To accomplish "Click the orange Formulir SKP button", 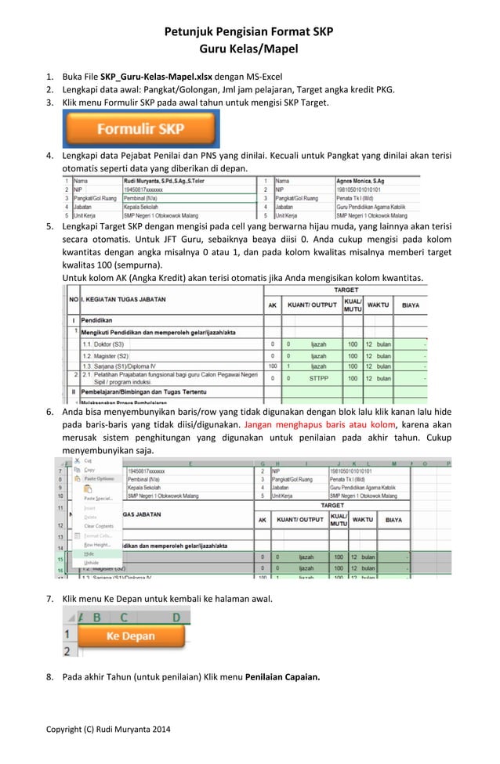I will tap(140, 129).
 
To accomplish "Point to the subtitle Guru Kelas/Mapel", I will tap(248, 50).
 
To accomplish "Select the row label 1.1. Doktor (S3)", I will tap(108, 344).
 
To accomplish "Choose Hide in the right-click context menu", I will tap(89, 553).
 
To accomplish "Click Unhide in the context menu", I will tap(92, 562).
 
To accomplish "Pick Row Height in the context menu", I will tap(97, 544).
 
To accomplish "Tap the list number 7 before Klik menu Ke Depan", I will tap(49, 600).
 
